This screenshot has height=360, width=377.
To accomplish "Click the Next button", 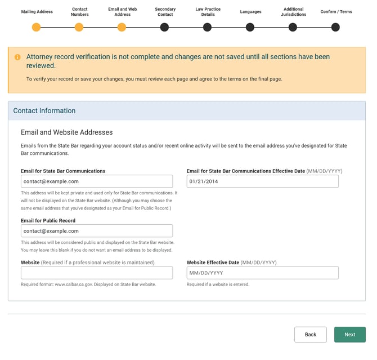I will tap(349, 335).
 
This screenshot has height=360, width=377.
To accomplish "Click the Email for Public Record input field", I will tap(97, 231).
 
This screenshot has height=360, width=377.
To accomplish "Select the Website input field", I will tap(97, 273).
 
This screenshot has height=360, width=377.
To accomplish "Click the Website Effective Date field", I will tap(262, 273).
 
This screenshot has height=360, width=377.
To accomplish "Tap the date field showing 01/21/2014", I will tap(262, 181).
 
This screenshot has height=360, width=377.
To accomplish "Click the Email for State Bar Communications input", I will tap(97, 181).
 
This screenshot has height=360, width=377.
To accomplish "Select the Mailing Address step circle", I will tap(37, 27).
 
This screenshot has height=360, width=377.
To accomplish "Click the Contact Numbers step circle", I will tap(79, 27).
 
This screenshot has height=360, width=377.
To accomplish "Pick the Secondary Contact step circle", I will tap(164, 27).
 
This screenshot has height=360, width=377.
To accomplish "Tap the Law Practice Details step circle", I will tap(207, 27).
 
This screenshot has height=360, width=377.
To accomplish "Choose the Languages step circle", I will tap(250, 27).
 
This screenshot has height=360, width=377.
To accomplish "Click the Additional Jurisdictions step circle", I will tap(293, 27).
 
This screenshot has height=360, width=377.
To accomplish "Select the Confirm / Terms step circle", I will tap(335, 27).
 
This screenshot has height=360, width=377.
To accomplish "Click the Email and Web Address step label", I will tap(122, 12).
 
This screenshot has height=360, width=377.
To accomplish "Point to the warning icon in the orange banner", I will tap(17, 57).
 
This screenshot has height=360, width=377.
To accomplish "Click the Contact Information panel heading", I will tap(44, 111).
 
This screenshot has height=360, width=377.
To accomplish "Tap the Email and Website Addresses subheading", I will tap(66, 132).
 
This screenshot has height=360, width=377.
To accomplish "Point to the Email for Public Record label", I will tap(48, 220).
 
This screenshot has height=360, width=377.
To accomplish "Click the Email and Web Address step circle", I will tap(122, 27).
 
